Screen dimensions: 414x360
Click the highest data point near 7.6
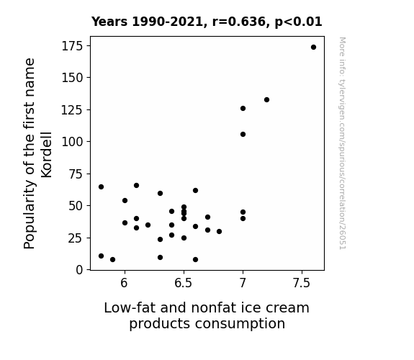pos(313,48)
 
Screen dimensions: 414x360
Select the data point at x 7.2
pos(266,100)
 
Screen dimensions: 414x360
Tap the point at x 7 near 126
pos(243,108)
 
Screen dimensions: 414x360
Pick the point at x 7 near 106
pos(243,135)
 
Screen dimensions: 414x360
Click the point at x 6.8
pos(219,232)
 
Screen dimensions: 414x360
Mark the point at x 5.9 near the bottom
pos(113,260)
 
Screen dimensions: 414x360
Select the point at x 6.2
pos(148,225)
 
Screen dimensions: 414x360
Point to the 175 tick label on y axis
pos(72,46)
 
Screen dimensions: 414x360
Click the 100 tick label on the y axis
pos(72,142)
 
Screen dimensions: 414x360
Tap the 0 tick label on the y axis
pos(79,270)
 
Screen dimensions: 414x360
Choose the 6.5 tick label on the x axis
pos(183,283)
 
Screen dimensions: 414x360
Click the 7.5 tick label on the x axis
pos(301,283)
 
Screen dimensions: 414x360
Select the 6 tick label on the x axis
pos(124,283)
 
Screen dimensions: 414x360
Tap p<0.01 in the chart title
pos(298,22)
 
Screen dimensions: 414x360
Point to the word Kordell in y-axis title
pos(47,155)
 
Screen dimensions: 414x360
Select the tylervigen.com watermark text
pos(342,143)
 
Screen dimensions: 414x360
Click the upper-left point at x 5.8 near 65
pos(101,187)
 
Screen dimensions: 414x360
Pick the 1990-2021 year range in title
pos(167,22)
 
